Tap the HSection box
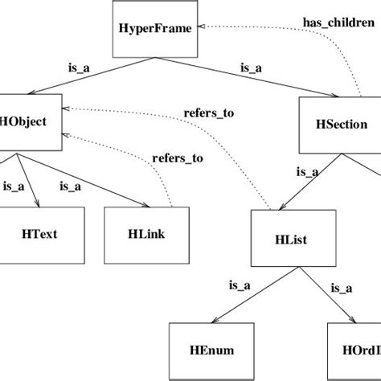[x=339, y=125]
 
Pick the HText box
[x=39, y=235]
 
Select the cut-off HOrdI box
[x=354, y=350]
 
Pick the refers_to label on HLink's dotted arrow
[x=178, y=158]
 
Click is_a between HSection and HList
[x=306, y=170]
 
